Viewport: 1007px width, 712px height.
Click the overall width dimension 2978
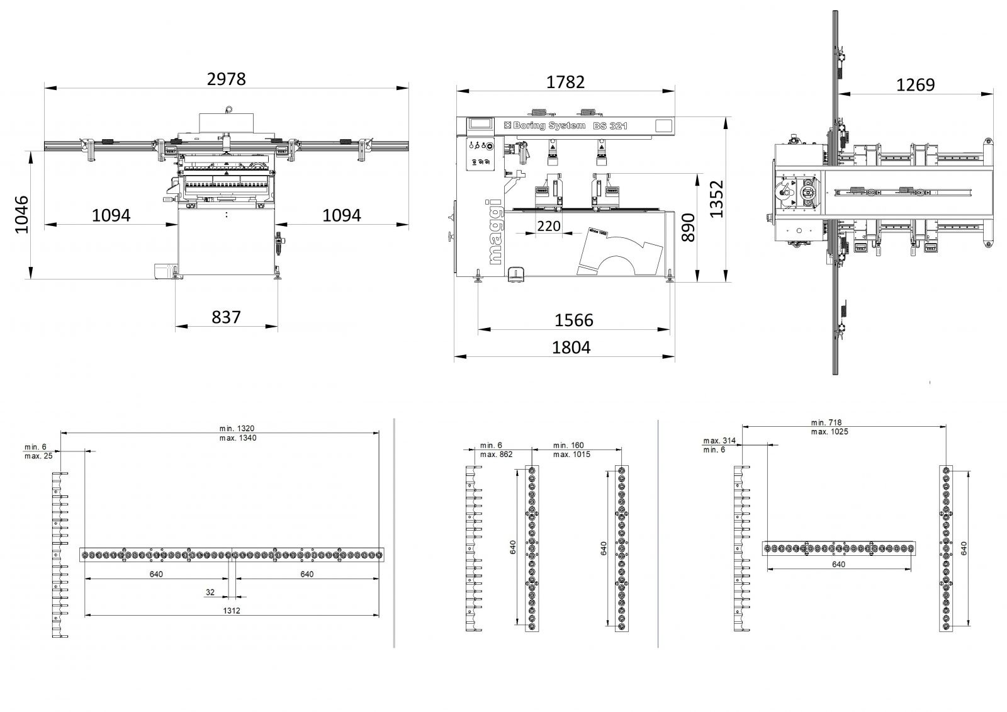pos(227,79)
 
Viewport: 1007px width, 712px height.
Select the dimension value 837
pos(226,317)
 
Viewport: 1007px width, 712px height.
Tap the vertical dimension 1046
pos(22,215)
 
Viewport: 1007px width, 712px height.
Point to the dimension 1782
pos(565,82)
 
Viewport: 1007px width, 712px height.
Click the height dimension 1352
pos(717,199)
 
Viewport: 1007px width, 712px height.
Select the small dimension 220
pos(549,225)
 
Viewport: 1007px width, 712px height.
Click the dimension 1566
pos(573,320)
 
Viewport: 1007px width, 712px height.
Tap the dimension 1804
pos(571,347)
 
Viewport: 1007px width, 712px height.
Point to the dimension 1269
pos(915,84)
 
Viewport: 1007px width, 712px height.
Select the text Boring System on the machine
pos(549,126)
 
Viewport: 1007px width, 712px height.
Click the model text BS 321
pos(610,126)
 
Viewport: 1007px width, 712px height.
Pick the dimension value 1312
pos(231,611)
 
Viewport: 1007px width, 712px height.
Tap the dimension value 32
pos(210,592)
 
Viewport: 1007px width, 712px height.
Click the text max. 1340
pos(239,438)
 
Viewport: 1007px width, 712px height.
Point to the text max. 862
pos(496,455)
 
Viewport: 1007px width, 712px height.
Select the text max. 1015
pos(571,455)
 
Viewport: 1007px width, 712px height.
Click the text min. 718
pos(826,422)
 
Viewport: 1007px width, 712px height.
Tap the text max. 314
pos(720,441)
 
